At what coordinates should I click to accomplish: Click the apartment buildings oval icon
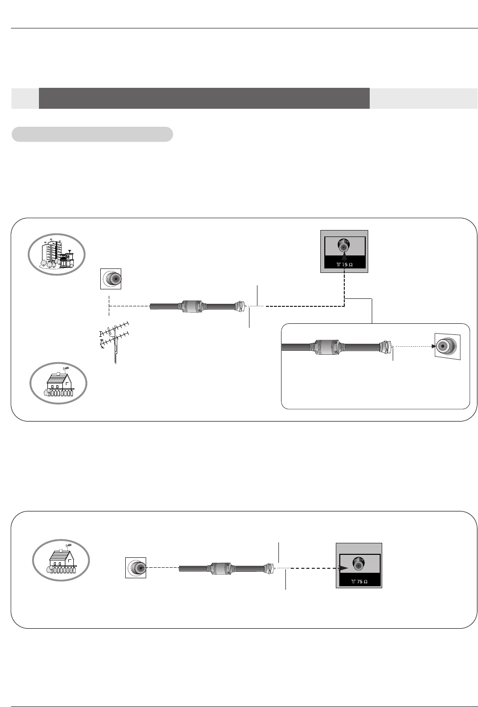[56, 254]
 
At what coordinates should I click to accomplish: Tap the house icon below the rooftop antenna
[58, 383]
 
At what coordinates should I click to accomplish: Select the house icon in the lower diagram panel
[61, 560]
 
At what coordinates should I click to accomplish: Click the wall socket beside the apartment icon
[111, 278]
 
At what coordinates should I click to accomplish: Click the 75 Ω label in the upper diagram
[345, 264]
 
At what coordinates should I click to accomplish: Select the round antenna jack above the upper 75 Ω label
[344, 245]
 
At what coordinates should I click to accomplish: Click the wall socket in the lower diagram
[136, 568]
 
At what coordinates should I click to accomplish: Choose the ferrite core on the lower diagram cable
[221, 568]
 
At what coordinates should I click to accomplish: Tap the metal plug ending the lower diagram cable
[269, 568]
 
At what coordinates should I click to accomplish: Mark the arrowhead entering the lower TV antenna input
[344, 568]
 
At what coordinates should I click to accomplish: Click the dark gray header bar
[204, 98]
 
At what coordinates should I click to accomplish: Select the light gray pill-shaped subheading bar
[92, 134]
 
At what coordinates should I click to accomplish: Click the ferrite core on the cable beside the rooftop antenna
[191, 306]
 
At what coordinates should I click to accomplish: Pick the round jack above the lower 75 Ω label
[359, 564]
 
